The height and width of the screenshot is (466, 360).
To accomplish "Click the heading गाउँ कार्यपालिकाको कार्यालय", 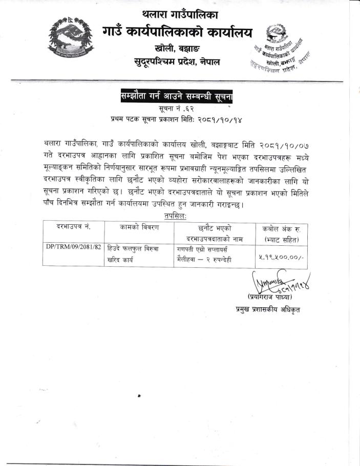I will click(178, 32).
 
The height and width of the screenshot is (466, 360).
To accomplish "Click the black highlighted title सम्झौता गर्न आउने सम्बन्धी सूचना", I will click(177, 96).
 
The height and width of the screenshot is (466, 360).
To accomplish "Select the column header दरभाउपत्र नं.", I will click(73, 227).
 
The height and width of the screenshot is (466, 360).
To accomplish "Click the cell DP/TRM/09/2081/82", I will click(73, 247).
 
